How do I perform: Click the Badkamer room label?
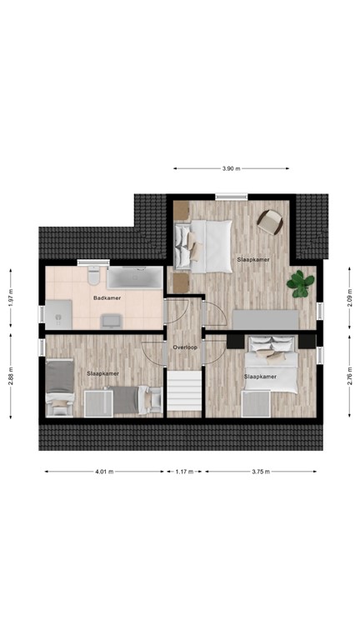point(107,297)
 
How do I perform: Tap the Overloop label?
point(184,346)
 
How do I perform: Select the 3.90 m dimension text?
point(231,168)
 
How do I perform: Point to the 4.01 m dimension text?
point(103,472)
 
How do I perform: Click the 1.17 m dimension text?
point(184,472)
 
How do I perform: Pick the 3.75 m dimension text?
point(260,472)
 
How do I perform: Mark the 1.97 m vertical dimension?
point(10,297)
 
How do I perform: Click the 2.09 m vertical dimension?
point(349,297)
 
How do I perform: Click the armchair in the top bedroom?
point(270,220)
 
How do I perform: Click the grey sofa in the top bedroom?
point(266,319)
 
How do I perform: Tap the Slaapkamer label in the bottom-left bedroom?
point(102,373)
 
